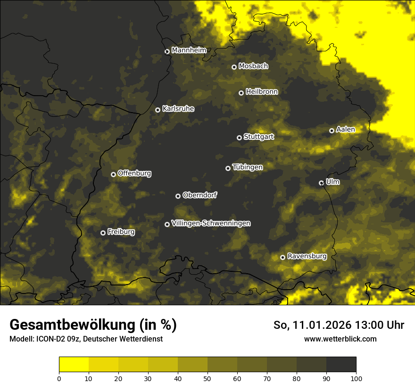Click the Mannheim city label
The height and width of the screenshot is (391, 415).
189,50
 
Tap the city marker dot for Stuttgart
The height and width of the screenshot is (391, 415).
239,138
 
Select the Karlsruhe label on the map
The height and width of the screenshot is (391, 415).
178,109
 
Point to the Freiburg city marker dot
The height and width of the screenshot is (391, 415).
103,233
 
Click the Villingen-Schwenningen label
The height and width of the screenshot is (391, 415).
211,223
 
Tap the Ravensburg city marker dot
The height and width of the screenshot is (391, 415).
282,257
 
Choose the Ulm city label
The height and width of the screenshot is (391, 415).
332,182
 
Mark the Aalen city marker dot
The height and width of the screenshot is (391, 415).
332,130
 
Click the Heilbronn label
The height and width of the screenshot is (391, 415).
262,92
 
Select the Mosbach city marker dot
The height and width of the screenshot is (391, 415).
234,67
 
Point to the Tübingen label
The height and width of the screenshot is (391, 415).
247,167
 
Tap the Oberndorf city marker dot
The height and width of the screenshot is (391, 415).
178,196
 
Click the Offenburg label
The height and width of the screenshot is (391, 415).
134,173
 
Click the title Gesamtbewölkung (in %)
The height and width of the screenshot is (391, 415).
93,325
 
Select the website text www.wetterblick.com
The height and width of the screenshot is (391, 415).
340,339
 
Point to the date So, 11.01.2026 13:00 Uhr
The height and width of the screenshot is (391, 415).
339,325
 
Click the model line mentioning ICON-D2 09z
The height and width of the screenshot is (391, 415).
86,339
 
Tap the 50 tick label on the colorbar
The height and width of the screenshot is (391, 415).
207,378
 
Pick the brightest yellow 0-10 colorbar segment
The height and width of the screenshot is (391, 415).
74,365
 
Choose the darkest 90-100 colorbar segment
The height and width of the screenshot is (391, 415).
341,365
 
